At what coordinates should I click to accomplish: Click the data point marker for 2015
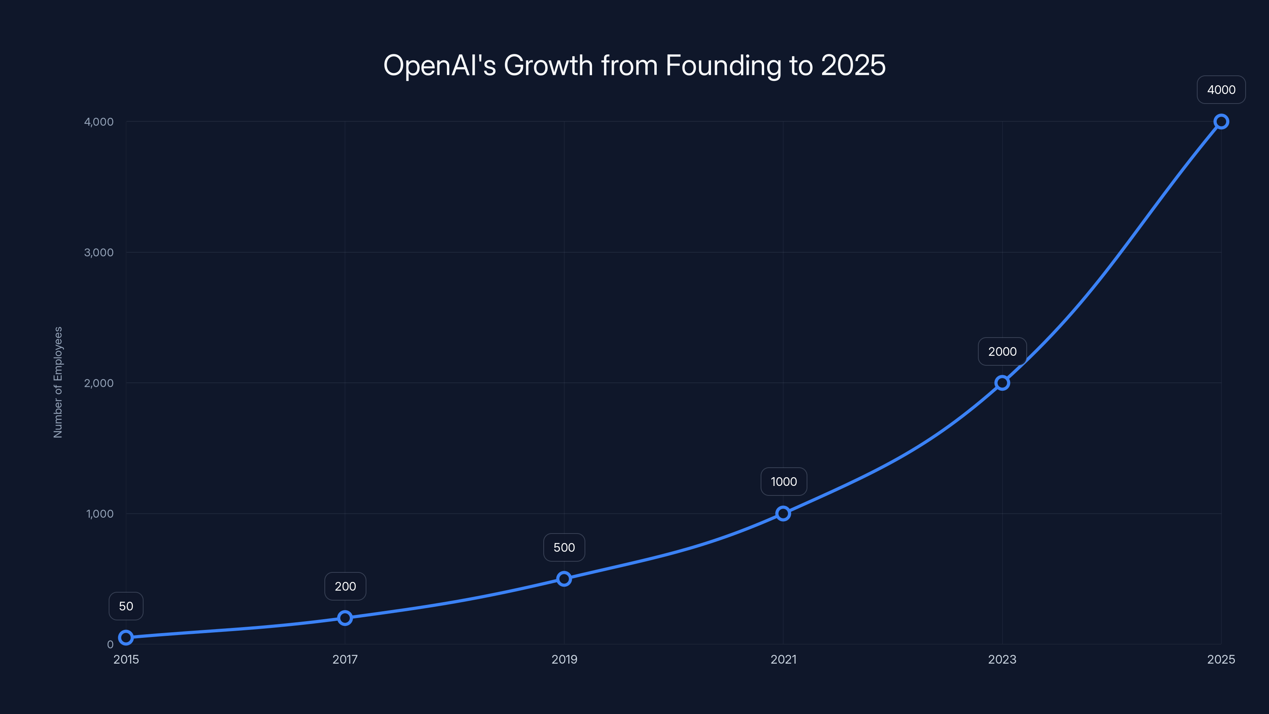tap(126, 637)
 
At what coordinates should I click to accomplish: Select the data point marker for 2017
tap(345, 618)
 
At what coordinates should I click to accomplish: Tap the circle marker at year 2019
tap(564, 578)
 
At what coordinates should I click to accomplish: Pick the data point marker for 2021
tap(783, 513)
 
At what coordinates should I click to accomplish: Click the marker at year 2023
tap(1002, 383)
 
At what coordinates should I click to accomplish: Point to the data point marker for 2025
tap(1221, 122)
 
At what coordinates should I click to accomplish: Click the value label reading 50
tap(126, 606)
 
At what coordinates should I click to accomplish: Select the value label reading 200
tap(345, 586)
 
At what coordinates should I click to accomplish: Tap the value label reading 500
tap(564, 547)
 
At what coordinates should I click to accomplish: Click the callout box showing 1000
tap(783, 482)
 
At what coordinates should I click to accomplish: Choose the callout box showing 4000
tap(1221, 90)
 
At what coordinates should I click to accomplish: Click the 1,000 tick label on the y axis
tap(100, 513)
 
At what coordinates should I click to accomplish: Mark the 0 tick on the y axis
tap(110, 645)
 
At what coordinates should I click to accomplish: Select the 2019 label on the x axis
tap(564, 659)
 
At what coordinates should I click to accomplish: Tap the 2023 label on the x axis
tap(1002, 659)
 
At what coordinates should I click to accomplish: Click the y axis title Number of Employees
tap(58, 382)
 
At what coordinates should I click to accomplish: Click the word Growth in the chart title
tap(548, 65)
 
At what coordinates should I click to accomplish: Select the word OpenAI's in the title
tap(439, 65)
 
